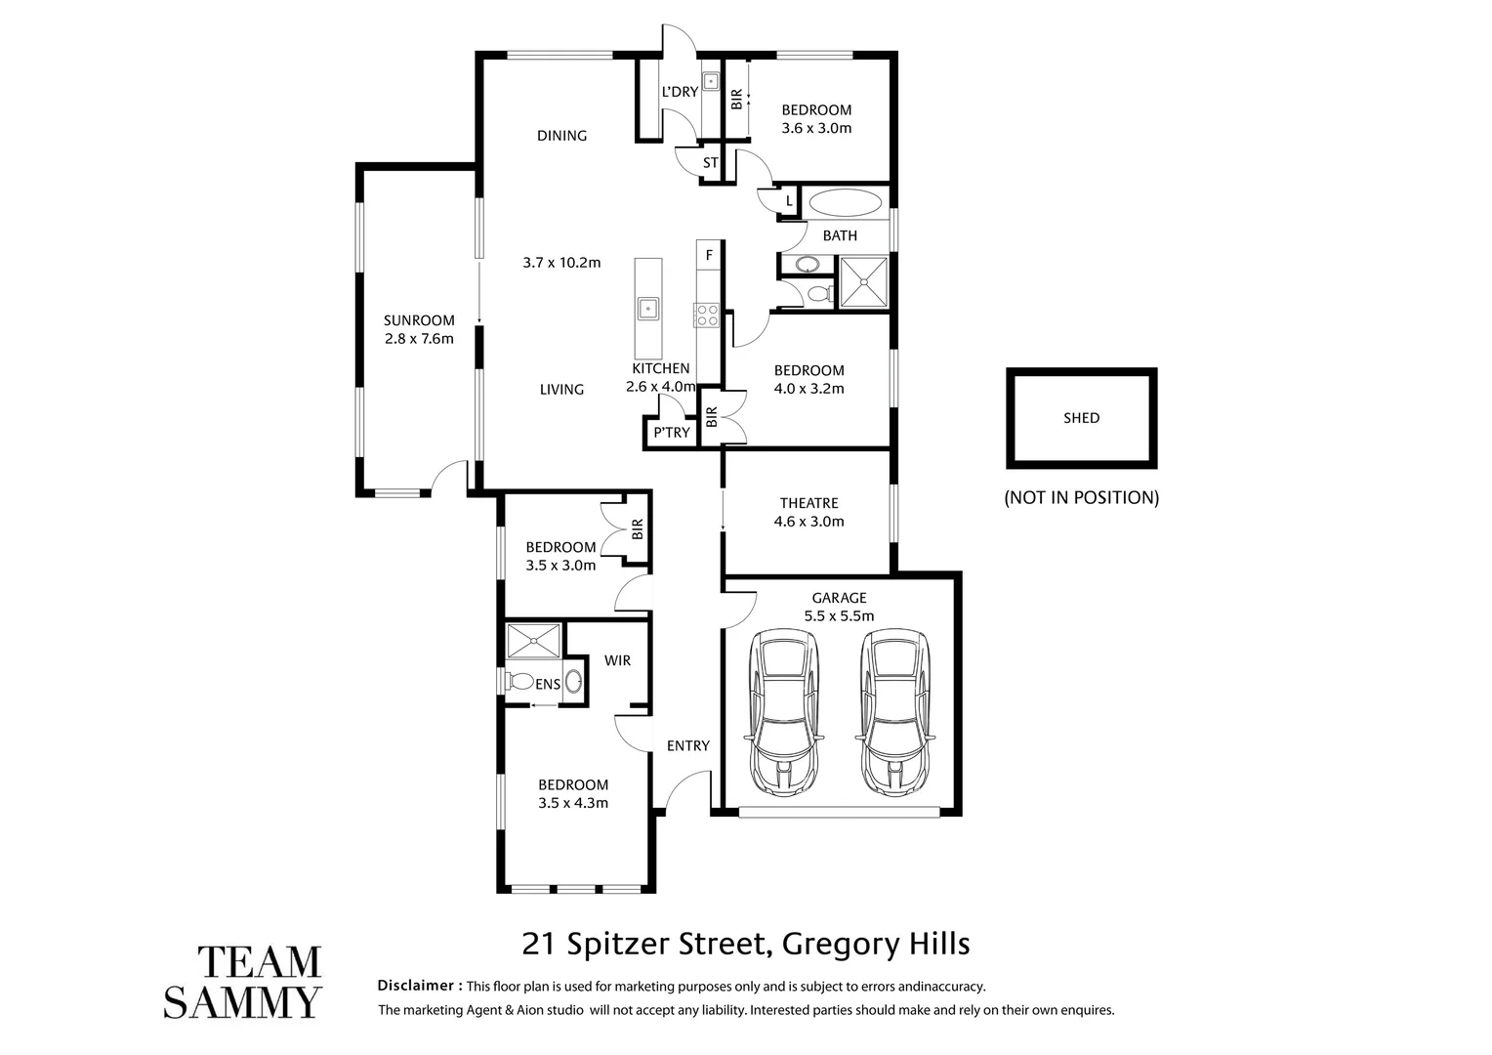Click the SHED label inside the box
tap(1081, 418)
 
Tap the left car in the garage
tap(784, 713)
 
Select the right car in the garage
tap(895, 713)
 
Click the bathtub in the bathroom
tap(845, 203)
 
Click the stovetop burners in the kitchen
tap(706, 315)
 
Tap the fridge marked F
tap(709, 256)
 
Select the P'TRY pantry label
tap(672, 432)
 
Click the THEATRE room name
tap(808, 503)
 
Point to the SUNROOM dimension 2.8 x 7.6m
tap(419, 339)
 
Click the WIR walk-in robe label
tap(617, 660)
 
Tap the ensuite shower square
tap(534, 641)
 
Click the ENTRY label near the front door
tap(687, 745)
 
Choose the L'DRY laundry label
tap(680, 92)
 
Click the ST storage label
tap(710, 162)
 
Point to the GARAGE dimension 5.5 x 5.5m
tap(839, 615)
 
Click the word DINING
tap(561, 136)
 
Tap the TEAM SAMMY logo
tap(242, 981)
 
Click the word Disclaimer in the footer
tap(419, 986)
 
